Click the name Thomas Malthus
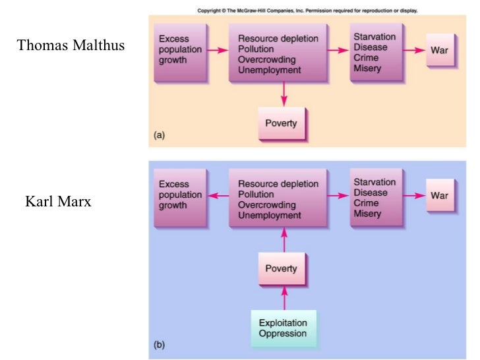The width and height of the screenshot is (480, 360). tap(71, 45)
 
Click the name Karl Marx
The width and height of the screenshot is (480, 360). tap(58, 202)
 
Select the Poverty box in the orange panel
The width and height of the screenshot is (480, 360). tap(281, 123)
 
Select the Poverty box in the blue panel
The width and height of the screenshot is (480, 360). tap(281, 268)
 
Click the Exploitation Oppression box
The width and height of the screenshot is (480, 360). tap(283, 328)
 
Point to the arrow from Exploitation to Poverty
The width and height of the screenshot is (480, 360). tap(284, 299)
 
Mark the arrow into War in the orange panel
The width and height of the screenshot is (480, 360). tap(413, 50)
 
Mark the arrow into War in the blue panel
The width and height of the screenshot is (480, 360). tap(413, 196)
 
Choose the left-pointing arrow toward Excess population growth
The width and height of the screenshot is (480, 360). tap(217, 196)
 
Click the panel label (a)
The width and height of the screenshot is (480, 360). tap(159, 135)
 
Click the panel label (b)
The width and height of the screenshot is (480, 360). tap(159, 345)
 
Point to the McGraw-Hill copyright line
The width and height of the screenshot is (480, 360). tap(307, 11)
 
